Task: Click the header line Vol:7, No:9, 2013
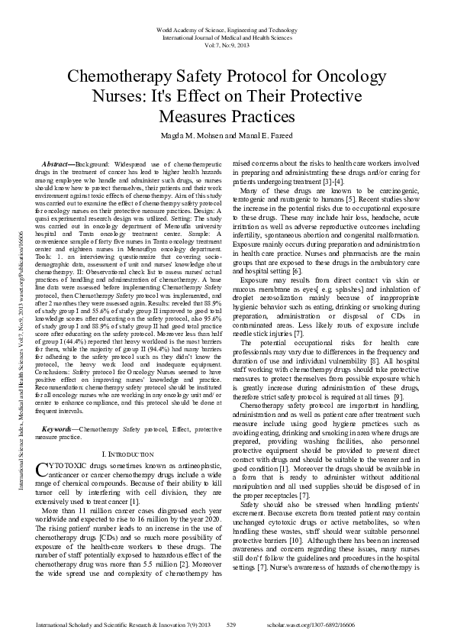[x=227, y=44]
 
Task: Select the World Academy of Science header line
[x=227, y=29]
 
